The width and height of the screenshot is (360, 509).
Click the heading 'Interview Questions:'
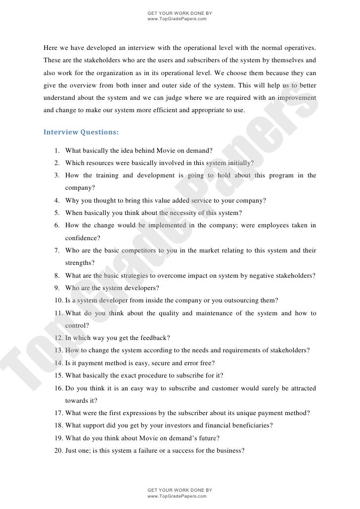coord(81,132)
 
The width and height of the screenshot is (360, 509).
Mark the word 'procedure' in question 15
coord(170,376)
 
